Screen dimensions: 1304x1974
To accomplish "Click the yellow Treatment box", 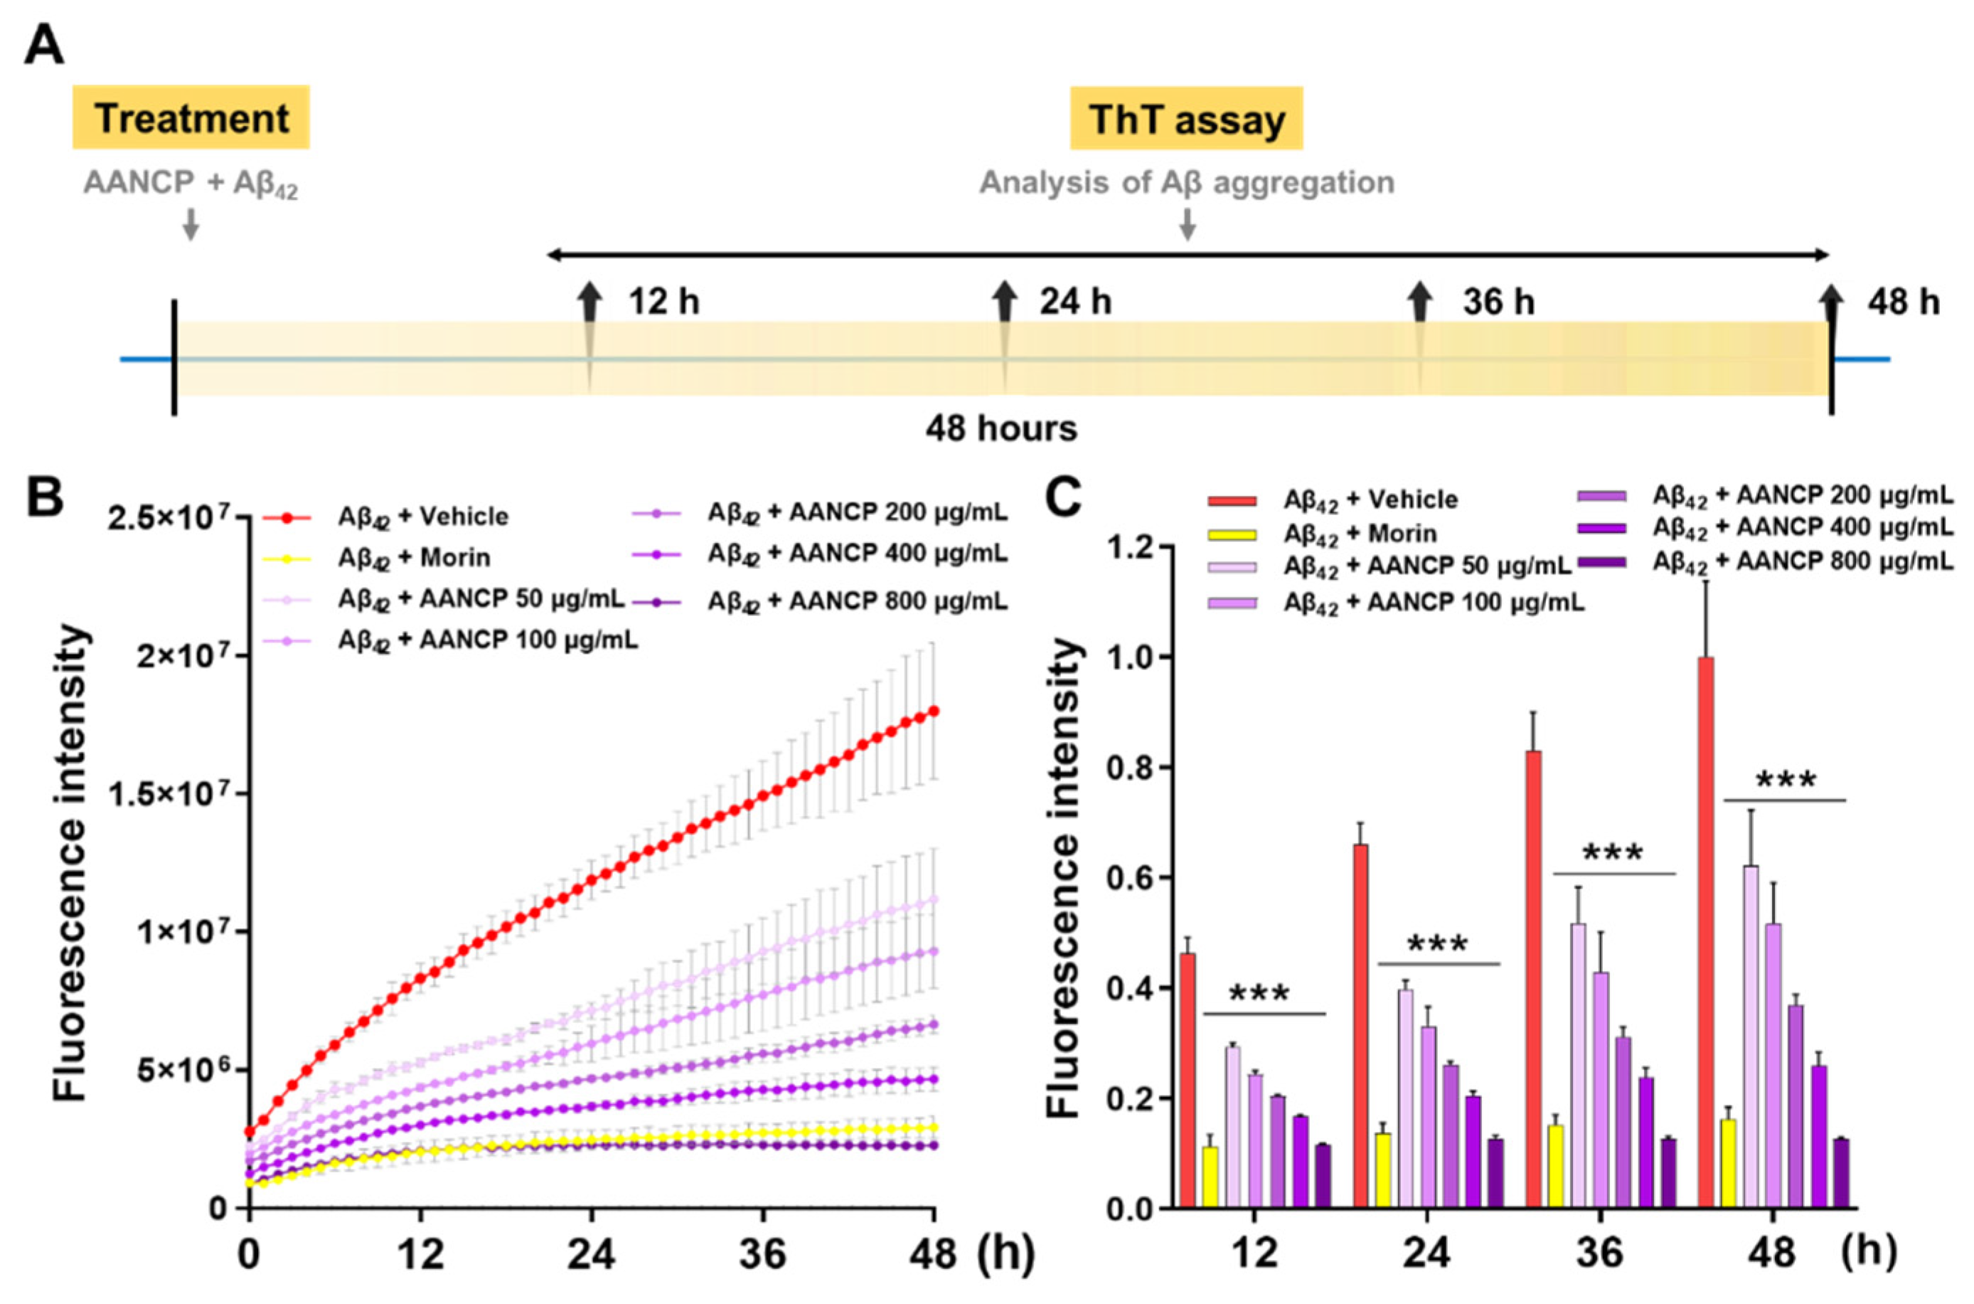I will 191,118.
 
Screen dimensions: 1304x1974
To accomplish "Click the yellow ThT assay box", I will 1186,119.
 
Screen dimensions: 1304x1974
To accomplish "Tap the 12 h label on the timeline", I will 663,301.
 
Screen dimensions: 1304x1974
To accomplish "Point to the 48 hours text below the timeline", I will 1001,429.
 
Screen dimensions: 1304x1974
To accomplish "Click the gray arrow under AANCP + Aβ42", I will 191,223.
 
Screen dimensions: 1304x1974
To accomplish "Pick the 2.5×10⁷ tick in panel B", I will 178,519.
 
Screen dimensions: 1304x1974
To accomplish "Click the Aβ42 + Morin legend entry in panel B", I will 413,557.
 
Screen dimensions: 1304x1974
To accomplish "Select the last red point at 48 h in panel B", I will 934,711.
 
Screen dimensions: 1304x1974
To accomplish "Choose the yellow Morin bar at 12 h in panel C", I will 1210,1177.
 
